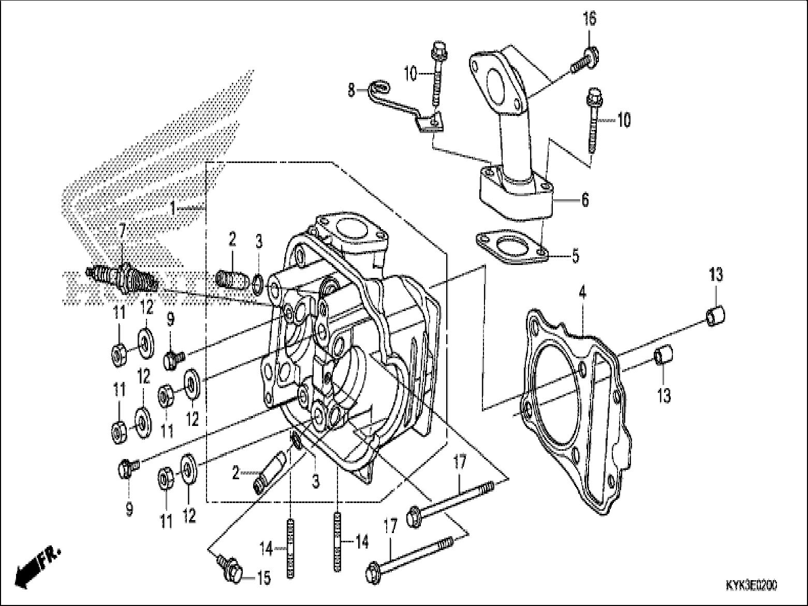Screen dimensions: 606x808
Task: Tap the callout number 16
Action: pyautogui.click(x=590, y=19)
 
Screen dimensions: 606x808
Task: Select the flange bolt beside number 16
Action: pyautogui.click(x=584, y=58)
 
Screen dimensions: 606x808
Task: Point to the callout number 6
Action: pyautogui.click(x=585, y=199)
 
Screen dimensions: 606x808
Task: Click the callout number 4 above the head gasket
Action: pyautogui.click(x=582, y=292)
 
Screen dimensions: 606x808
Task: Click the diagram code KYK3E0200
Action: pyautogui.click(x=751, y=585)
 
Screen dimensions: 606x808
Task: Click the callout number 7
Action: pyautogui.click(x=122, y=229)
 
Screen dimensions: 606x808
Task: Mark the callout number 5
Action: pyautogui.click(x=575, y=256)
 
